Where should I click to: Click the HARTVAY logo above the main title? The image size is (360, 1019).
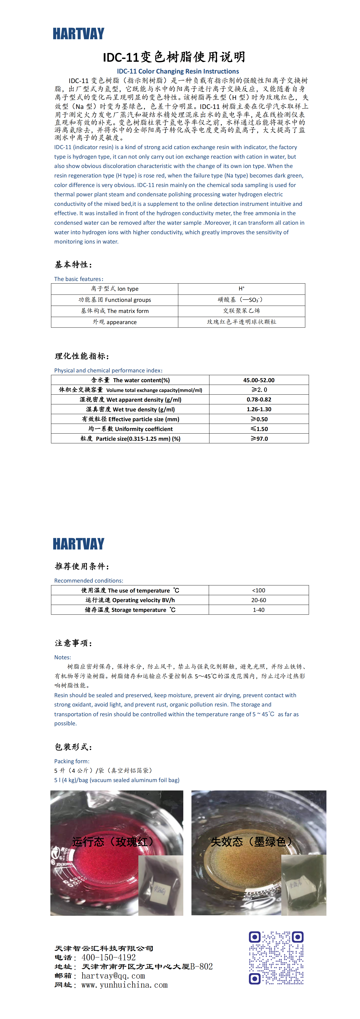[78, 34]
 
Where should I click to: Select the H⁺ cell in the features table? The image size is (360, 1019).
[241, 289]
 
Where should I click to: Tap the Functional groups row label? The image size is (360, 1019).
[115, 300]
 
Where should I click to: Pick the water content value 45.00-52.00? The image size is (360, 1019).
[259, 380]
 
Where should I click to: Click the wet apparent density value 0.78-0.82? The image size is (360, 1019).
[259, 399]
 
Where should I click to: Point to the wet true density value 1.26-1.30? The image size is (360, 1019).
[259, 409]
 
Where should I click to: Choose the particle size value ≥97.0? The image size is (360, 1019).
[259, 439]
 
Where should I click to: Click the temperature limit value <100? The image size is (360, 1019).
[259, 590]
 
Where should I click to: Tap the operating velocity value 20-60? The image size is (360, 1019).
[259, 600]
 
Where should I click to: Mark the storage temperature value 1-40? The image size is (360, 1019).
[259, 610]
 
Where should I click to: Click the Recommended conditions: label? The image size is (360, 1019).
[89, 581]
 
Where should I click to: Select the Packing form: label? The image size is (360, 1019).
[72, 761]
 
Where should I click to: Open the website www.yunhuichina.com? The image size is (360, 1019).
[124, 985]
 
